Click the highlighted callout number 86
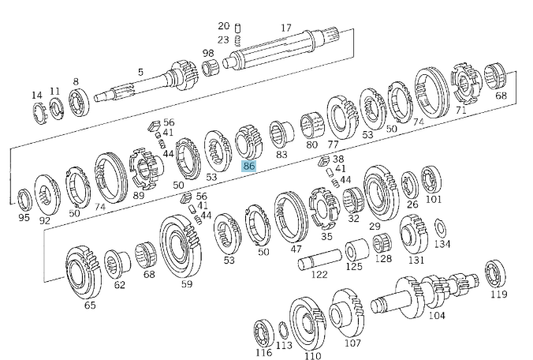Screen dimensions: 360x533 pos(248,166)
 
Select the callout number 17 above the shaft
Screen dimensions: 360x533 pos(286,28)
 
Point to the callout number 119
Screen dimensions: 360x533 pos(499,295)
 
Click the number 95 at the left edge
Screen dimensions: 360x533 pos(24,217)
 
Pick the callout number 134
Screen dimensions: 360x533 pos(442,243)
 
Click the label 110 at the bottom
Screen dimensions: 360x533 pos(313,354)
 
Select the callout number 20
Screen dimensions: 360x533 pos(223,25)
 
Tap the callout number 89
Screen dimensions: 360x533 pos(138,195)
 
